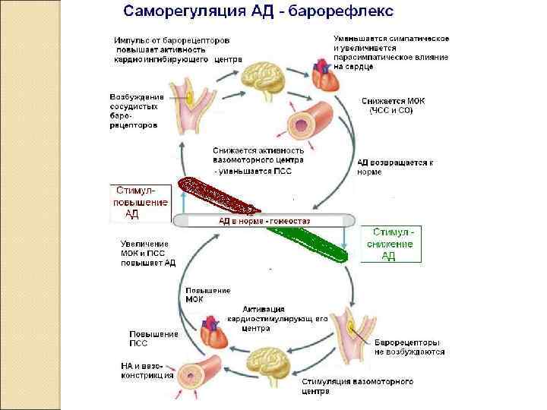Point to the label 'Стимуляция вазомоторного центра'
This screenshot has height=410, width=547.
(357, 386)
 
